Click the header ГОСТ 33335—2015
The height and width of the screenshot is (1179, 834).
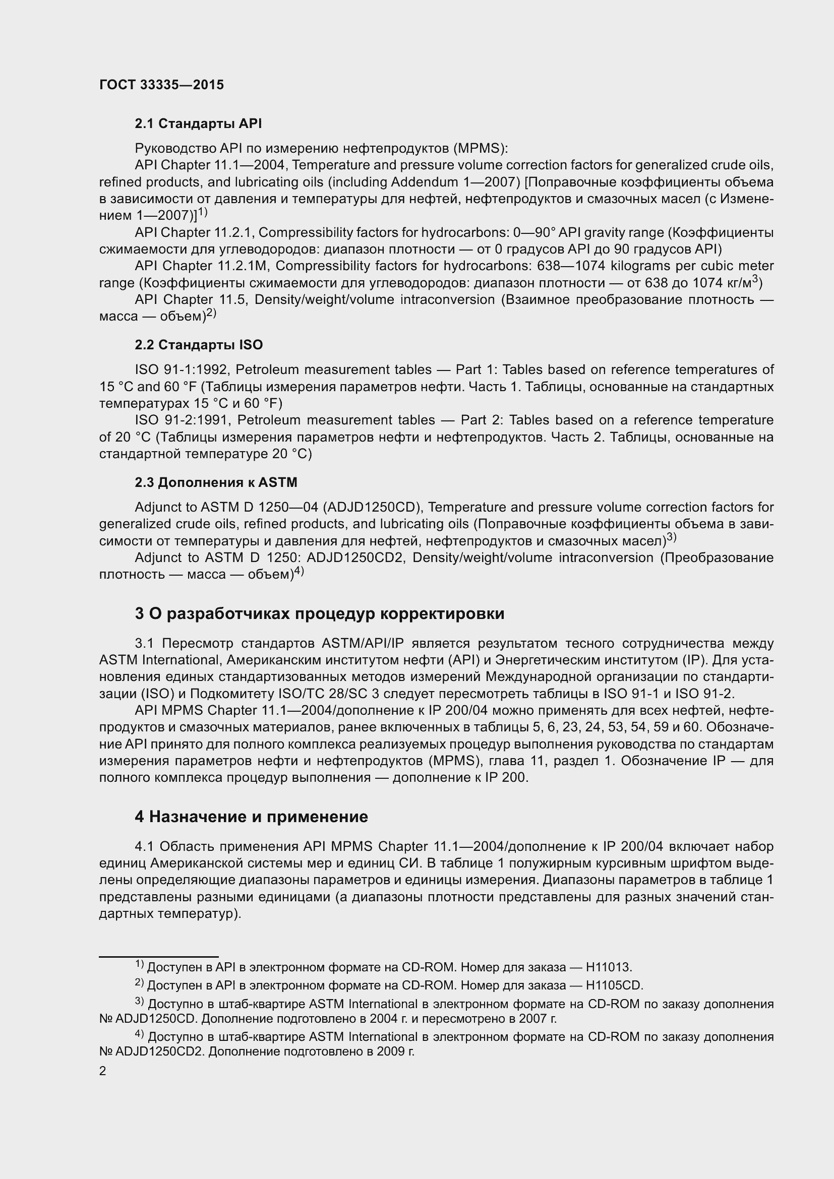[161, 85]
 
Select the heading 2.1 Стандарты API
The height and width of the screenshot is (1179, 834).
[198, 124]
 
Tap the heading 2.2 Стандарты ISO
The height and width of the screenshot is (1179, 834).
[199, 345]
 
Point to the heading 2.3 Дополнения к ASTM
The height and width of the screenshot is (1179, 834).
[216, 482]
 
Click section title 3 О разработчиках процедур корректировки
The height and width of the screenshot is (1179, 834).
[319, 613]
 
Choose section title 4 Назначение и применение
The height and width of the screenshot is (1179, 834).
[251, 817]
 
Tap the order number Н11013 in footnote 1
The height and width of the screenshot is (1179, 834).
[609, 967]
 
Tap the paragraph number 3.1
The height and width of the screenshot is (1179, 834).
[145, 643]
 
